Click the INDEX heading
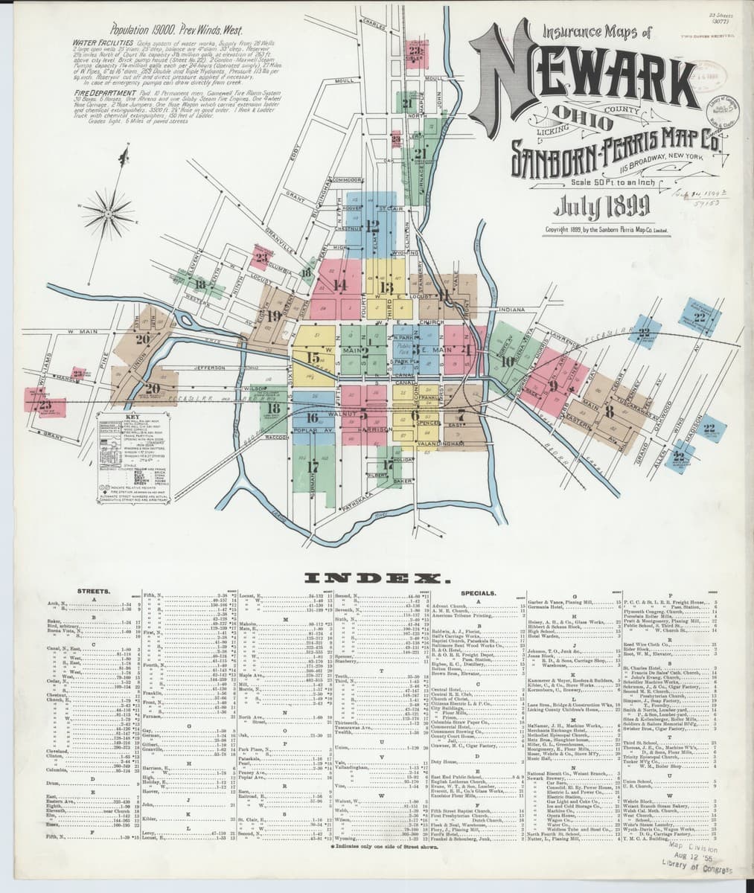tap(375, 577)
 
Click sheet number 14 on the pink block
tap(341, 284)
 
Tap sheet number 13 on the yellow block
tap(386, 287)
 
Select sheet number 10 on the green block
tap(507, 362)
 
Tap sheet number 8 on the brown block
tap(609, 410)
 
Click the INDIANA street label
tap(513, 309)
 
